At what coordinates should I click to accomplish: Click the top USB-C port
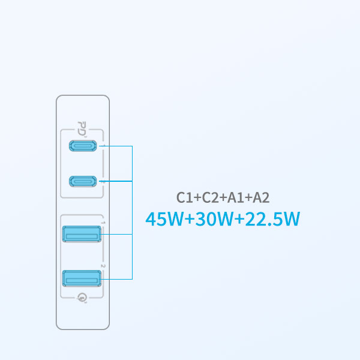83,146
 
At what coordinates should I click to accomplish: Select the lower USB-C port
83,181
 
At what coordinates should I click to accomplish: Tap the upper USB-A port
82,234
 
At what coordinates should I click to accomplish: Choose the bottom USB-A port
82,278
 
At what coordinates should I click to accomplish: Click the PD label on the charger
82,128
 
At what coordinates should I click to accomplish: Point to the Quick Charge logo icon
82,298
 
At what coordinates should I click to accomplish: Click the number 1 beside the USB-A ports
103,223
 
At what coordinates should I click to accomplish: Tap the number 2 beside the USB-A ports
103,266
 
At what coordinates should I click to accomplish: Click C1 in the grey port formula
185,197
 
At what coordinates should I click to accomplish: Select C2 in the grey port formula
211,197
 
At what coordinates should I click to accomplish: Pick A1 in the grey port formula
236,197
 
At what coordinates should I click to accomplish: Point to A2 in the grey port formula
261,197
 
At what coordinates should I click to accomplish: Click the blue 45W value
164,219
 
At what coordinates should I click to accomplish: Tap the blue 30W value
214,219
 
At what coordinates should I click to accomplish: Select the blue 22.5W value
272,219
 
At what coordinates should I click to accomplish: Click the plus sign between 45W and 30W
190,220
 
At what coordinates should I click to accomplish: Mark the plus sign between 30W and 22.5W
239,220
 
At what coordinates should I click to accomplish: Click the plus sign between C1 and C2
197,198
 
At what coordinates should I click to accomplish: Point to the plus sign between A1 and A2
248,198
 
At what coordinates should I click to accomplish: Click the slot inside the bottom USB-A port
82,281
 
